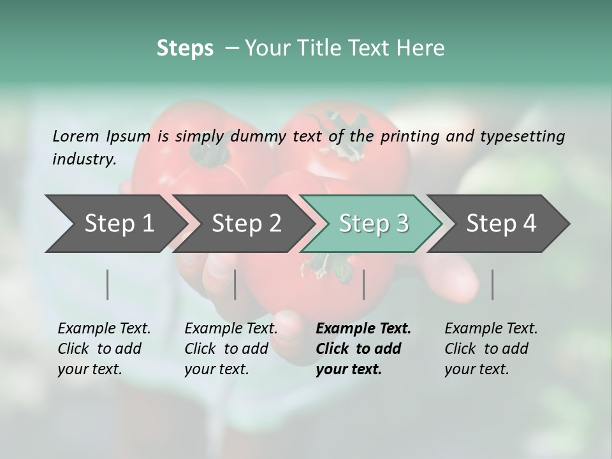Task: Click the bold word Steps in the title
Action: click(185, 48)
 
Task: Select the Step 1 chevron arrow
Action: click(115, 223)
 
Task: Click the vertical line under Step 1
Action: click(108, 284)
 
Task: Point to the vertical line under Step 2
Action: click(235, 284)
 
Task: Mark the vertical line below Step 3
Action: click(364, 284)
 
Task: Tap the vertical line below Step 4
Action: click(493, 284)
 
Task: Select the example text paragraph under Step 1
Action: click(103, 349)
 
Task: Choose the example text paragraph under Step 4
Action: click(490, 349)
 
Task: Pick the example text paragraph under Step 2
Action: click(230, 349)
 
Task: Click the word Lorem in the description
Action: click(76, 136)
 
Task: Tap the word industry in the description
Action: click(84, 159)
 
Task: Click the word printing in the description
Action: click(408, 136)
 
